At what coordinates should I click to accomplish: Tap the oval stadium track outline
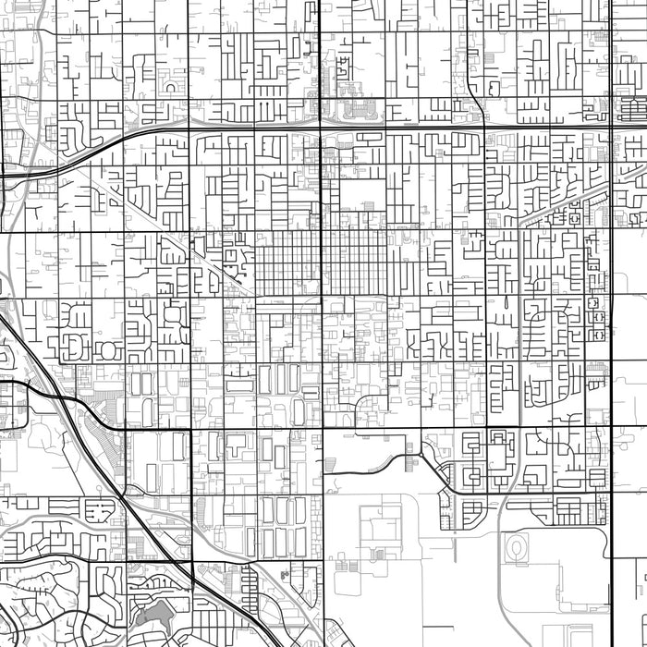point(515,550)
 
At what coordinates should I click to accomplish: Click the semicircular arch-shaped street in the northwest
point(173,85)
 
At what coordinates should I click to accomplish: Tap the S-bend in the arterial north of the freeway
point(471,92)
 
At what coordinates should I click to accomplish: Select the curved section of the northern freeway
point(92,148)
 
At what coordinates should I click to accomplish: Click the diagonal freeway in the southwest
point(139,518)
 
